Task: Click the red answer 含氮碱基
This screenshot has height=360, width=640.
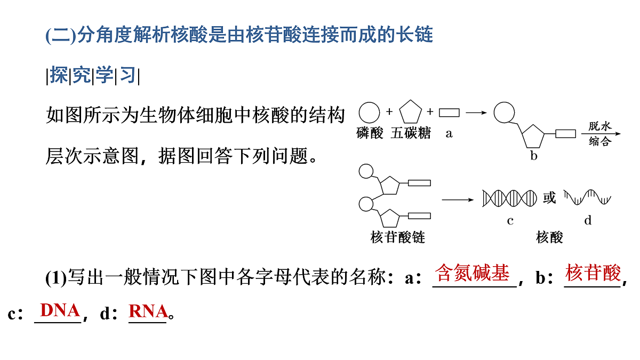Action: [472, 273]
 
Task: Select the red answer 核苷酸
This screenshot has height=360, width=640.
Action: [593, 273]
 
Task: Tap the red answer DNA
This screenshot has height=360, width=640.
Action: [60, 310]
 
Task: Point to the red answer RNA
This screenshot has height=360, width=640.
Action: [148, 311]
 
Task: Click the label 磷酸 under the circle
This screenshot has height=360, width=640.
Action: [370, 133]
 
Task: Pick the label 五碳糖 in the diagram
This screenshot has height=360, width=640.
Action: [411, 133]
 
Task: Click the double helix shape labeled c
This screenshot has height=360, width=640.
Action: [509, 198]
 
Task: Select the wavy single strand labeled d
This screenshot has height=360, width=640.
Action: [587, 197]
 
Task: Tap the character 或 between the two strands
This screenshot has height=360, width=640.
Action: [549, 198]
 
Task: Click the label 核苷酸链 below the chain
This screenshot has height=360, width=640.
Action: [397, 237]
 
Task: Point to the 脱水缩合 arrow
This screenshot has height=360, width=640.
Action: [601, 134]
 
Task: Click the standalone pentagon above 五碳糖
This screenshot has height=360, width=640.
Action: [410, 112]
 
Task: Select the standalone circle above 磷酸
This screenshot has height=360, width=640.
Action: [369, 113]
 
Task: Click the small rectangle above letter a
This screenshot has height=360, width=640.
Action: [449, 113]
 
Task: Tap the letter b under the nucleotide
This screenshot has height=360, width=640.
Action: [534, 156]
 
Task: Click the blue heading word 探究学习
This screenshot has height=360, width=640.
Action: [93, 75]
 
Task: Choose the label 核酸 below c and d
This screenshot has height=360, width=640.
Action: [549, 237]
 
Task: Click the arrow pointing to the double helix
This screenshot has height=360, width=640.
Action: [458, 199]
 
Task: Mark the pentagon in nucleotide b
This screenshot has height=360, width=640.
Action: [533, 137]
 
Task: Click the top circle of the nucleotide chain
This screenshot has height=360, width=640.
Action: [366, 171]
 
